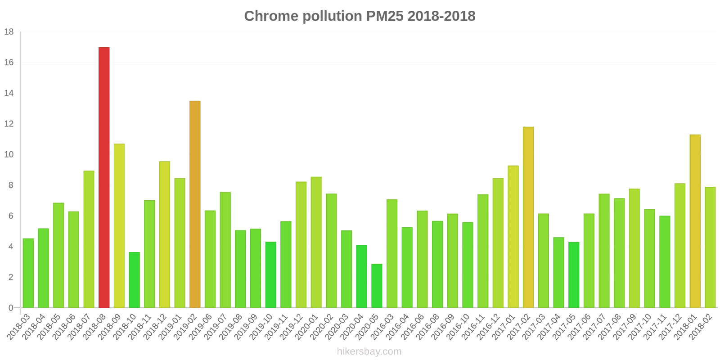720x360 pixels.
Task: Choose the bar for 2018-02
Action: click(710, 247)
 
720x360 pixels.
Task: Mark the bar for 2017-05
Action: click(574, 275)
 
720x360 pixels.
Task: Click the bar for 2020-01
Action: click(316, 243)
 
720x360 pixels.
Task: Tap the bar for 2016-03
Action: click(392, 254)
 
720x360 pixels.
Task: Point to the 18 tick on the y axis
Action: click(9, 32)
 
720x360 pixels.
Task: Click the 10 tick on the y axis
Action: click(9, 155)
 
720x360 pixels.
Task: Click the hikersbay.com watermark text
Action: click(369, 351)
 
